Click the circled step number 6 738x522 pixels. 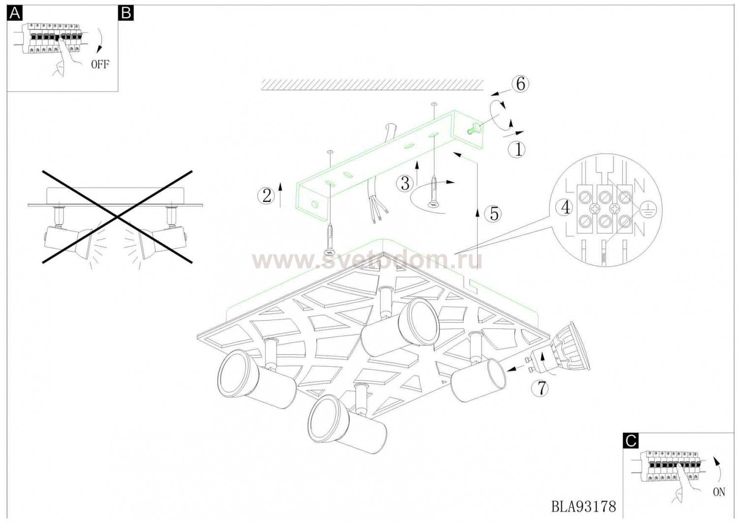click(520, 84)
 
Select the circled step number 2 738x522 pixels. click(266, 196)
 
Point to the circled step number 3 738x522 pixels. click(405, 183)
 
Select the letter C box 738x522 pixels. click(631, 441)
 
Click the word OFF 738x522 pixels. click(99, 65)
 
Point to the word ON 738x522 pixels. click(719, 492)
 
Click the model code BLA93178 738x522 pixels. click(584, 507)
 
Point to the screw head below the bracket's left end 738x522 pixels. click(330, 252)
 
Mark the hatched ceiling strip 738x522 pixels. click(372, 85)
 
